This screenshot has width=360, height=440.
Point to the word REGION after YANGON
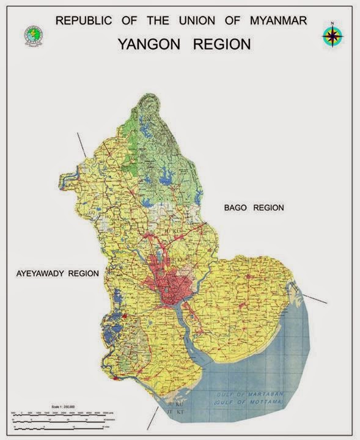coord(221,44)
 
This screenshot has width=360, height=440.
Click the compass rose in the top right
coord(332,37)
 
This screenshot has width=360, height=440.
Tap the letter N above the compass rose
coord(332,23)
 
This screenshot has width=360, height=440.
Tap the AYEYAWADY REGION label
coord(57,274)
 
